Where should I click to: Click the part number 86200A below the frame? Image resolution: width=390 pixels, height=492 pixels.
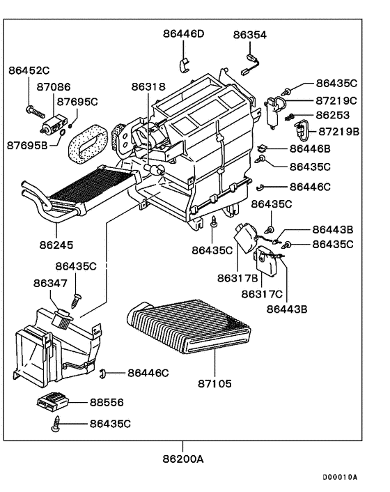(184, 460)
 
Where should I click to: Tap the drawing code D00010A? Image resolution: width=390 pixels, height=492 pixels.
(339, 478)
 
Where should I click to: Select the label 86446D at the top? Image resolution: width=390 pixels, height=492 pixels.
(184, 33)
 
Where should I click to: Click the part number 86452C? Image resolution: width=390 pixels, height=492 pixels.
(29, 70)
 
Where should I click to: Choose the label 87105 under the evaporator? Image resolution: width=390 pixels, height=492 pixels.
(214, 383)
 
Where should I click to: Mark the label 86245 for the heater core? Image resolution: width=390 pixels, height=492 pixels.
(56, 245)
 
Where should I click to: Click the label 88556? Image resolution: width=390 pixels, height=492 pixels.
(106, 403)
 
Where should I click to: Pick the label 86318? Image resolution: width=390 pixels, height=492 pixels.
(148, 87)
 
